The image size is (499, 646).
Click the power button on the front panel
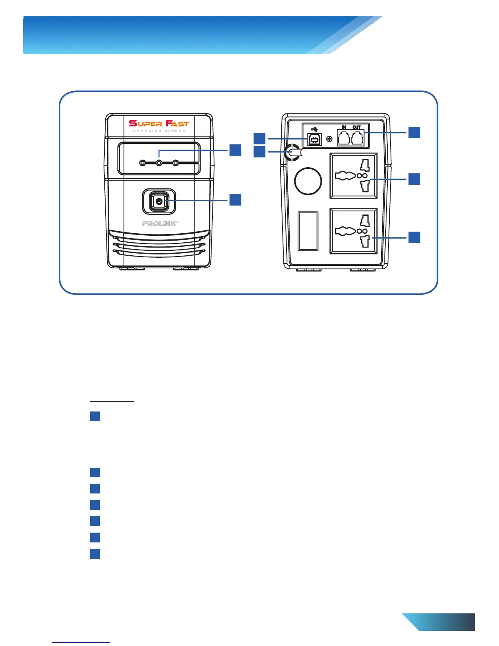point(159,201)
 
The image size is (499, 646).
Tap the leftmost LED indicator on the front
point(142,163)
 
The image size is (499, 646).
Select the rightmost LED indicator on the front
point(176,163)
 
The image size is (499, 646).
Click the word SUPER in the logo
point(146,123)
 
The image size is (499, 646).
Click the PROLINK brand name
point(160,223)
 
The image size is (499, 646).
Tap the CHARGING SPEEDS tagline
point(159,131)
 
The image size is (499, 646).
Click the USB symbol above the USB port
point(314,130)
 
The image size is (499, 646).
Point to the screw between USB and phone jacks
point(329,139)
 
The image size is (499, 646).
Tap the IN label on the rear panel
point(344,127)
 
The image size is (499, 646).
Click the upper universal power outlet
point(353,176)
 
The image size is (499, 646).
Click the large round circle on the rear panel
point(308,181)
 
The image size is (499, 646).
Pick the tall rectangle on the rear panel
point(308,230)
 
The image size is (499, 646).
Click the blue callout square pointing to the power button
point(235,199)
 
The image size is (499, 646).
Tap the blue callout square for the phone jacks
point(414,132)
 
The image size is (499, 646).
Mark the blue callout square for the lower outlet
point(414,237)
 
